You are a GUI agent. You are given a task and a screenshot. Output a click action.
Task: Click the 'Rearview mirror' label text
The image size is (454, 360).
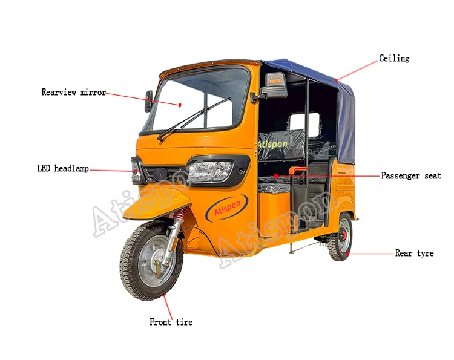pos(73,93)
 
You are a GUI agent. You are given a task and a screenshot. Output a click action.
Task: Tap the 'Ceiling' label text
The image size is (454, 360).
pos(394,59)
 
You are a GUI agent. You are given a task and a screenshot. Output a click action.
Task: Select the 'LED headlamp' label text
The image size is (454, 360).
pos(63,169)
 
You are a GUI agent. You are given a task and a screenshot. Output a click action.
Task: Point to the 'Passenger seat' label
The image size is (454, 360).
pos(411,176)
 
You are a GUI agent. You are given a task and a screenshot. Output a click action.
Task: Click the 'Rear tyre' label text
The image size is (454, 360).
pos(414,254)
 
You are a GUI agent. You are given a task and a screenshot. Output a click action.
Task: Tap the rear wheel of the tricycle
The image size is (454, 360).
pos(341,237)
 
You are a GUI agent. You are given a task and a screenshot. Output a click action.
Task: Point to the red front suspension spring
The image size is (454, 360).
pos(180,215)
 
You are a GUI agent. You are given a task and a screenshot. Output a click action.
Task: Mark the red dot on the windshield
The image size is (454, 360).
pos(180,105)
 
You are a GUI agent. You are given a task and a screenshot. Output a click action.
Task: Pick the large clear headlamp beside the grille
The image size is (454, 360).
pos(209,172)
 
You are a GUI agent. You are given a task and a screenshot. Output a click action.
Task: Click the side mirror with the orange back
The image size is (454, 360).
pos(275,85)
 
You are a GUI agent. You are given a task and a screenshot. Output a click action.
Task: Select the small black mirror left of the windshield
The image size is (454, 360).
pos(148,101)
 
